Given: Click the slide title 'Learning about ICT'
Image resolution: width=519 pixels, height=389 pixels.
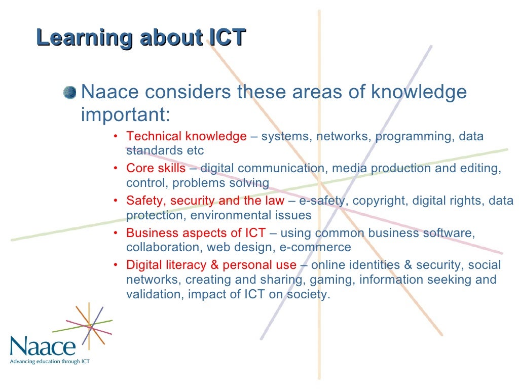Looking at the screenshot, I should (141, 38).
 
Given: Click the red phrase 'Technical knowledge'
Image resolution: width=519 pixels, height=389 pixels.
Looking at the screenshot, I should (186, 136).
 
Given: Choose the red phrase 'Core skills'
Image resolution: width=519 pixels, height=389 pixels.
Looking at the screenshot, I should (156, 168).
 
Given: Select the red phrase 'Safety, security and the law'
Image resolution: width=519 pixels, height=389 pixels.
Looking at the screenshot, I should (205, 201).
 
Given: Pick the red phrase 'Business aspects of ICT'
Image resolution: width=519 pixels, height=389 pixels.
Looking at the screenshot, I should (196, 233).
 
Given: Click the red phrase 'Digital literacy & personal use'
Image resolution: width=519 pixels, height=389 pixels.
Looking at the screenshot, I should (211, 265).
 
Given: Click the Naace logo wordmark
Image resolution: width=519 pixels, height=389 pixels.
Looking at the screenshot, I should (43, 347).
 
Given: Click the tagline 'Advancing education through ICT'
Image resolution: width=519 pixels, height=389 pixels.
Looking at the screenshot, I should (50, 362).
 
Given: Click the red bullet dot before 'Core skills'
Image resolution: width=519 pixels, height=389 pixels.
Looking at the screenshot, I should (116, 169).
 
